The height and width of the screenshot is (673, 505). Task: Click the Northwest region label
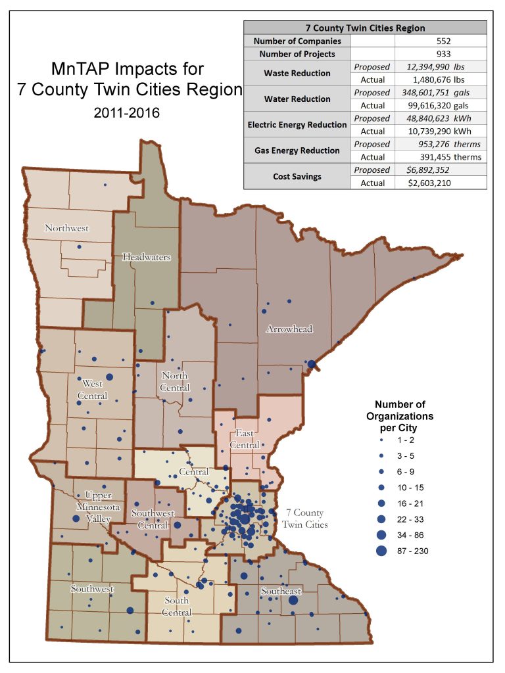coord(66,229)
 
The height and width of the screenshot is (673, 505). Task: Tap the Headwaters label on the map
coord(147,257)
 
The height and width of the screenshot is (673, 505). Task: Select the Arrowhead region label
coord(289,329)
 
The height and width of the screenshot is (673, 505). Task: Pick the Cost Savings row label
coord(297,176)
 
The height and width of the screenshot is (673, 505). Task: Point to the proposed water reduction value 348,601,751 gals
coord(437,93)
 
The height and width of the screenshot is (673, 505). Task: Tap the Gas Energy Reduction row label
coord(297,151)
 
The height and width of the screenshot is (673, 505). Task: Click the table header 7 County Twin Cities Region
coord(365,28)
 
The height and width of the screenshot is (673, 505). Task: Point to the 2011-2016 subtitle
coord(126,113)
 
